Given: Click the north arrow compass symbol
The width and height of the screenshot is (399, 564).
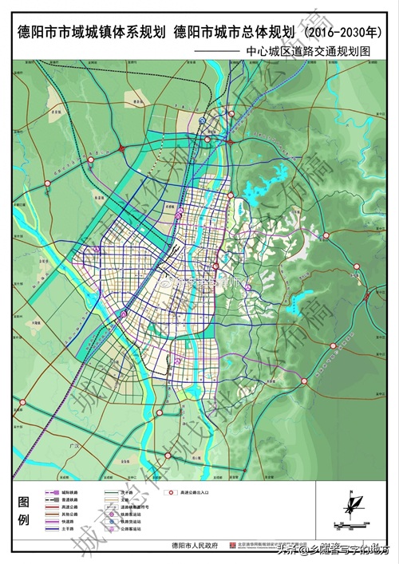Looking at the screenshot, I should point(350,505).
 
